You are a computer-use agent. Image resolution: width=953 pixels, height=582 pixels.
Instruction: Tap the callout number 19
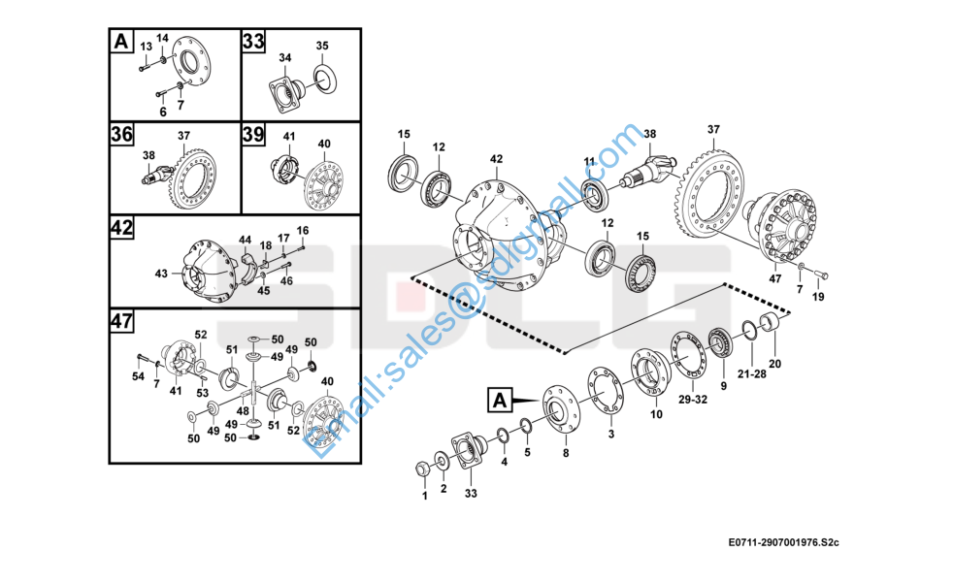pos(818,297)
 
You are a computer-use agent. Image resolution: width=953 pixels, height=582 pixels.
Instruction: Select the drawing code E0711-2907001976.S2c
pos(783,542)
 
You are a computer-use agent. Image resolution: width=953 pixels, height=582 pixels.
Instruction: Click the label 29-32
pos(693,400)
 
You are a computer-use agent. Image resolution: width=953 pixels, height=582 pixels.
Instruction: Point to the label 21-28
pos(752,374)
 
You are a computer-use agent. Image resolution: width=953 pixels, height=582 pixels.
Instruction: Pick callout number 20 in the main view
pos(775,364)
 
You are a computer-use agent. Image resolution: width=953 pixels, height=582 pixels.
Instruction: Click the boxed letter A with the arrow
pos(499,401)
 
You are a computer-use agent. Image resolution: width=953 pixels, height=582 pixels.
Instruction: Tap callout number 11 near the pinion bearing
pos(589,162)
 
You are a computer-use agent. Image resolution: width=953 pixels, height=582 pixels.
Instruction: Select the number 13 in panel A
pos(146,47)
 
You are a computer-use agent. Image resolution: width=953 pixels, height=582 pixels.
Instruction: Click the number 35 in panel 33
pos(322,46)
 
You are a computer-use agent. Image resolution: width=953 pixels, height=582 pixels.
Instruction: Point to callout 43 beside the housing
pos(161,274)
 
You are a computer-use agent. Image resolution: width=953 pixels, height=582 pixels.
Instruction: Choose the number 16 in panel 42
pos(303,230)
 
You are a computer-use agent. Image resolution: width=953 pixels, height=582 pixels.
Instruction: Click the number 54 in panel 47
pos(139,376)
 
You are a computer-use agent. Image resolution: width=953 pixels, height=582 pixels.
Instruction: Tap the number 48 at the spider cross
pos(244,411)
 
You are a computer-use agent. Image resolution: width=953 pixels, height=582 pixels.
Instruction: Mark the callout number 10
pos(656,414)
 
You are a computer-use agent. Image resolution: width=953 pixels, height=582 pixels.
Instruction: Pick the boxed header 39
pos(253,134)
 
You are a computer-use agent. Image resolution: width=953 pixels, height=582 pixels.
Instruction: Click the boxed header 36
pos(121,134)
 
